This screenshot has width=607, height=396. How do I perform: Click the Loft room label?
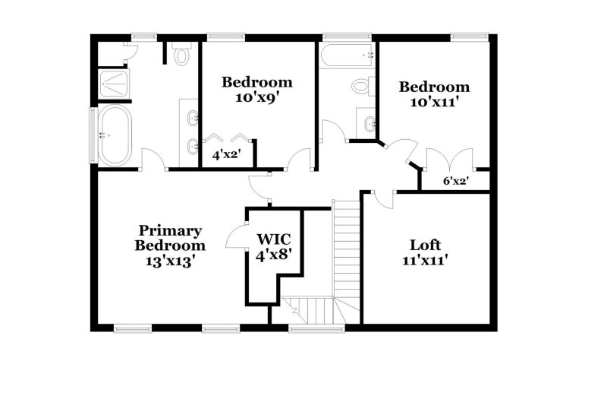click(425, 246)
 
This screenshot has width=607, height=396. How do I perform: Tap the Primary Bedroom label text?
click(169, 238)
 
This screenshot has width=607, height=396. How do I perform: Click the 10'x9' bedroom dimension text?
click(256, 97)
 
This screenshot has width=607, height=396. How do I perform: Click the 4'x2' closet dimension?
click(225, 155)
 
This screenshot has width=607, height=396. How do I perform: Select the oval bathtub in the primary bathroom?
click(116, 134)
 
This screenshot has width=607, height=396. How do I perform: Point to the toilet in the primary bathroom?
click(181, 55)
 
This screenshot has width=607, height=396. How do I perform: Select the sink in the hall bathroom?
click(367, 124)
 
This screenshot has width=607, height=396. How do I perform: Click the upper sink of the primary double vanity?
click(192, 118)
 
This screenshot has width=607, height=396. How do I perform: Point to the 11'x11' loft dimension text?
click(425, 261)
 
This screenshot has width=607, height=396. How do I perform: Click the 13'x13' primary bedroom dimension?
click(170, 261)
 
